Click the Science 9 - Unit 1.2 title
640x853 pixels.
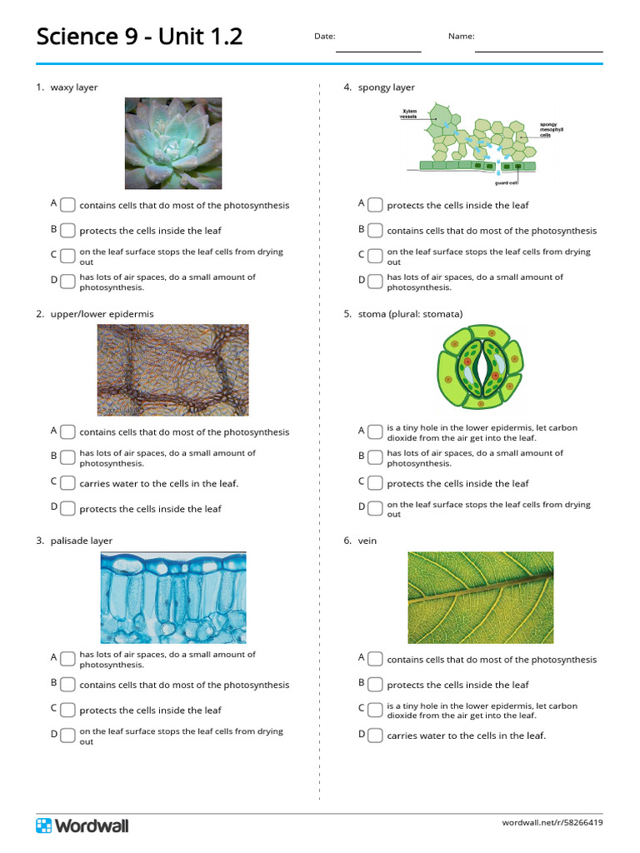tap(139, 37)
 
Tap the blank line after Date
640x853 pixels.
tap(378, 48)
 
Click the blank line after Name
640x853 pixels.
tap(538, 48)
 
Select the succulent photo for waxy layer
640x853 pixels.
tap(173, 143)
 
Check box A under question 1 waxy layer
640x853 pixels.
tap(68, 205)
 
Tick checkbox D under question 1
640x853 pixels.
tap(68, 282)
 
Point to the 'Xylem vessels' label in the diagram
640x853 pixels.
tap(409, 114)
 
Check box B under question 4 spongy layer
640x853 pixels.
tap(376, 231)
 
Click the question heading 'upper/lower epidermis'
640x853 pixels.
tap(102, 314)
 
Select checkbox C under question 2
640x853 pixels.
tap(68, 483)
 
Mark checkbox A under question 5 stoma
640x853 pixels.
tap(376, 431)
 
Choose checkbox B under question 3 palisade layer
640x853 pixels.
tap(68, 685)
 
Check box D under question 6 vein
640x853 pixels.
tap(376, 736)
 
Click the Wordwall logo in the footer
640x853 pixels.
tap(82, 826)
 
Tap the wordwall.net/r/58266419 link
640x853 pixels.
tap(552, 823)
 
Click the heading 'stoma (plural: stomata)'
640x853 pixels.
tap(410, 314)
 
